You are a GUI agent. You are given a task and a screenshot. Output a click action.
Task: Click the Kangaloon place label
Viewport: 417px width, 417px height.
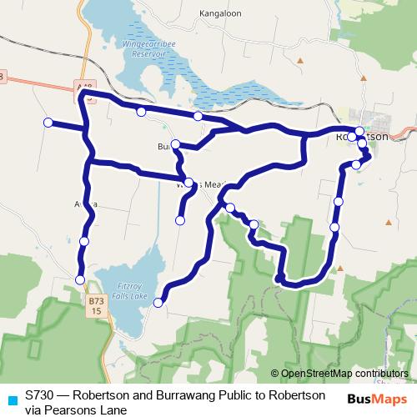pyautogui.click(x=220, y=14)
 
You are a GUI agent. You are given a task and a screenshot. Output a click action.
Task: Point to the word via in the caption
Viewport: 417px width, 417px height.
pyautogui.click(x=33, y=409)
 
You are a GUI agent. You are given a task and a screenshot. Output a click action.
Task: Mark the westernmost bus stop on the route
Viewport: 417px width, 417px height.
pyautogui.click(x=48, y=123)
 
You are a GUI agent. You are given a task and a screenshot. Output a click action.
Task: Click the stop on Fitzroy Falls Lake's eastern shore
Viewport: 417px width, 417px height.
pyautogui.click(x=158, y=303)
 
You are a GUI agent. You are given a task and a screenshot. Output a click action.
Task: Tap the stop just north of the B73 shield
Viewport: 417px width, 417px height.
pyautogui.click(x=80, y=279)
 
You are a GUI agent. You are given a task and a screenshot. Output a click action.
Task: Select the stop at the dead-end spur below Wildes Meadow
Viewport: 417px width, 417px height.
pyautogui.click(x=180, y=220)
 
